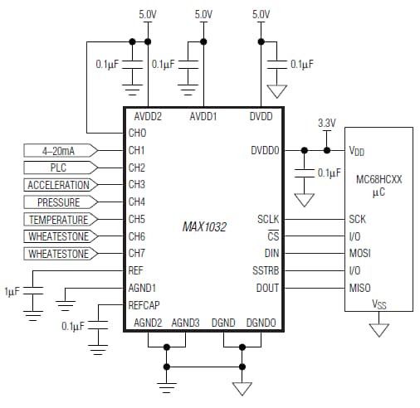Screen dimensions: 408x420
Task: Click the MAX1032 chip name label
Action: coord(205,226)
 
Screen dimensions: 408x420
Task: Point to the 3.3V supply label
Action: coord(327,124)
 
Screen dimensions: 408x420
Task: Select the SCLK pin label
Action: coord(268,220)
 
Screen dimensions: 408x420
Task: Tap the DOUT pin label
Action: coord(268,288)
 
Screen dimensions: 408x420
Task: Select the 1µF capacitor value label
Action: coord(12,293)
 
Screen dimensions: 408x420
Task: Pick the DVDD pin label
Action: coord(261,117)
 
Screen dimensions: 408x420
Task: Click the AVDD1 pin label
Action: coord(203,117)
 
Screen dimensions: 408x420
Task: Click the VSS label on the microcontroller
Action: coord(378,305)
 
